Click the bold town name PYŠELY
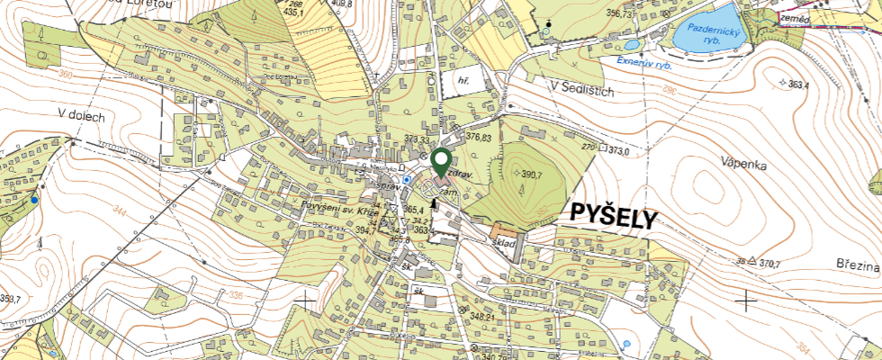[x=613, y=215]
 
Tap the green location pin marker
[x=441, y=163]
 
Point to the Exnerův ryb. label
[x=647, y=62]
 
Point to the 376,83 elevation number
[x=479, y=138]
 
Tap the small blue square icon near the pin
[x=407, y=179]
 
